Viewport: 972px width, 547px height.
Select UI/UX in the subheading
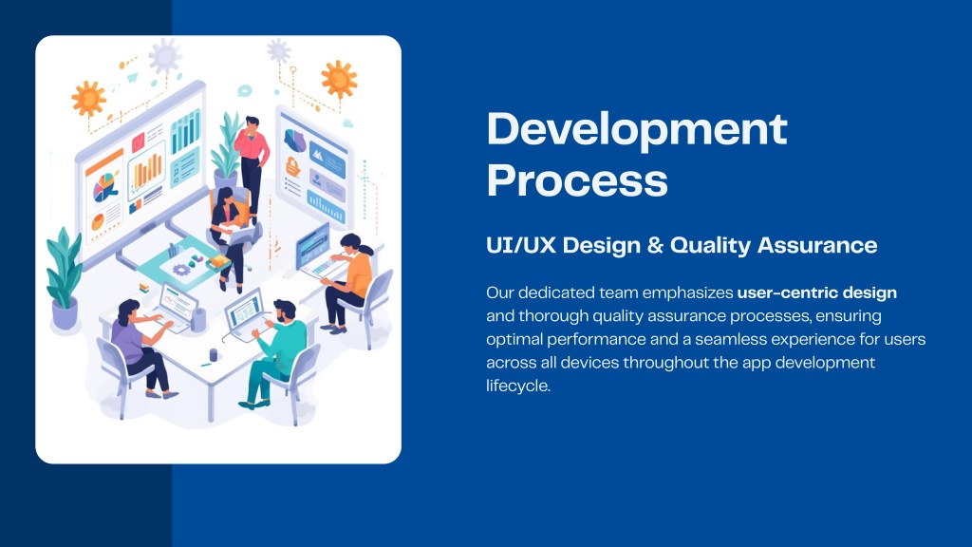point(521,245)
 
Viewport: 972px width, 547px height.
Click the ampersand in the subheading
point(655,245)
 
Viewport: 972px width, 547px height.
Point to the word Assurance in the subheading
point(817,245)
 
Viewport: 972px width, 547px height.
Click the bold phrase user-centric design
point(817,292)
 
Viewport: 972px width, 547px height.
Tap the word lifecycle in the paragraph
point(518,386)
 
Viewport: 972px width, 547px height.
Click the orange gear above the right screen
point(339,79)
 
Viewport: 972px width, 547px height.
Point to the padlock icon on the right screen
point(293,166)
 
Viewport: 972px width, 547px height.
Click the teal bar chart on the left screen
point(185,131)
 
